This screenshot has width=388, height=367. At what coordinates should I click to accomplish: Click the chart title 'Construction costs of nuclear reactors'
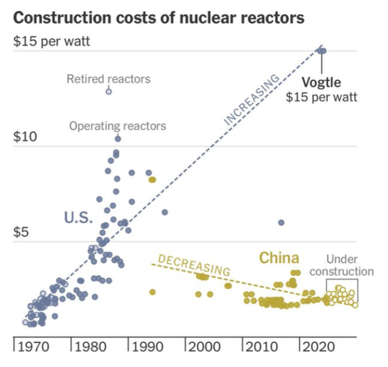pyautogui.click(x=158, y=18)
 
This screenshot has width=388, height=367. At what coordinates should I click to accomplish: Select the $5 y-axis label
pyautogui.click(x=20, y=232)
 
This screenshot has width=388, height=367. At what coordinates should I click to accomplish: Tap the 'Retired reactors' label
pyautogui.click(x=109, y=79)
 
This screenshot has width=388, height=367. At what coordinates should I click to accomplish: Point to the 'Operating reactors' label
pyautogui.click(x=118, y=126)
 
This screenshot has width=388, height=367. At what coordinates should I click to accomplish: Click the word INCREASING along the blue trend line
pyautogui.click(x=252, y=99)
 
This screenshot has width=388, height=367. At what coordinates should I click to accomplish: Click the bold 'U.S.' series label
pyautogui.click(x=78, y=217)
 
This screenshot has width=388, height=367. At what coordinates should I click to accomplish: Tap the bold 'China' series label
pyautogui.click(x=279, y=258)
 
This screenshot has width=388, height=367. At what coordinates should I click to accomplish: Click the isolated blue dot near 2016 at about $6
pyautogui.click(x=281, y=223)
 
